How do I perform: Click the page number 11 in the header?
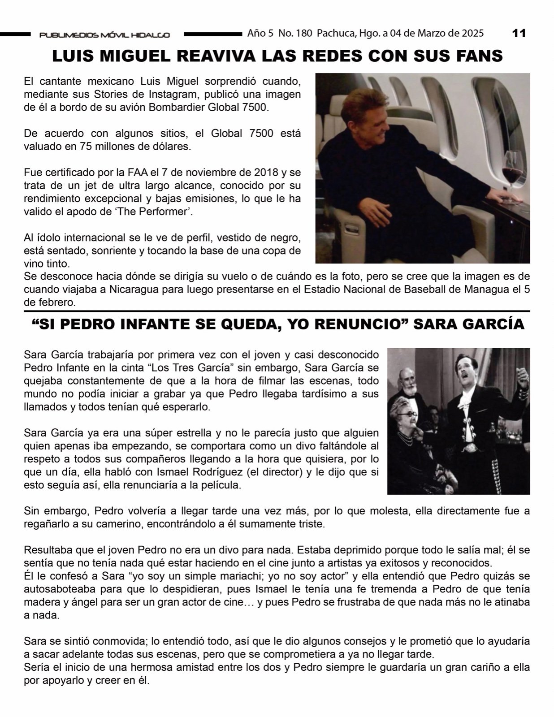519,33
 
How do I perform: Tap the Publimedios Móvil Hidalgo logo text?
104,35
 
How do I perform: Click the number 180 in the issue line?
303,33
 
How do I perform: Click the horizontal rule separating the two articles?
277,311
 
